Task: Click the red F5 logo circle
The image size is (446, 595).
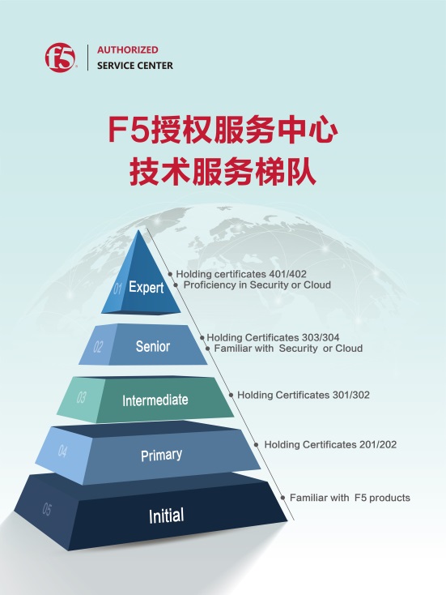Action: click(60, 58)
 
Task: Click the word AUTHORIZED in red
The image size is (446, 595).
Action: click(128, 49)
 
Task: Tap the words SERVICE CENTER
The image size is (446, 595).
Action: click(135, 66)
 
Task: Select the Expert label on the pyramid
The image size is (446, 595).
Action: click(146, 287)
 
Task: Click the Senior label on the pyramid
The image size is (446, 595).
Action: click(153, 346)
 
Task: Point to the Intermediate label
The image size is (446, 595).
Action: click(155, 400)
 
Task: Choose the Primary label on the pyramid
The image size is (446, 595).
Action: click(161, 455)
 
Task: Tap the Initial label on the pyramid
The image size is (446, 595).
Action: click(167, 516)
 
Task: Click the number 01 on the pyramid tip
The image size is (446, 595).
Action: click(117, 289)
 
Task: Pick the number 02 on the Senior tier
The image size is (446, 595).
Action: click(98, 346)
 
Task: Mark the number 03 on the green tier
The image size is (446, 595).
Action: click(81, 398)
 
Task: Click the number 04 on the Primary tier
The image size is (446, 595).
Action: click(62, 451)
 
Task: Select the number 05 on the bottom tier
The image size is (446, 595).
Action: click(47, 509)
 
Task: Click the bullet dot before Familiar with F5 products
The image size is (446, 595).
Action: click(282, 498)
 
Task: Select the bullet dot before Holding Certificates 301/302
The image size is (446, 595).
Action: click(231, 395)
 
